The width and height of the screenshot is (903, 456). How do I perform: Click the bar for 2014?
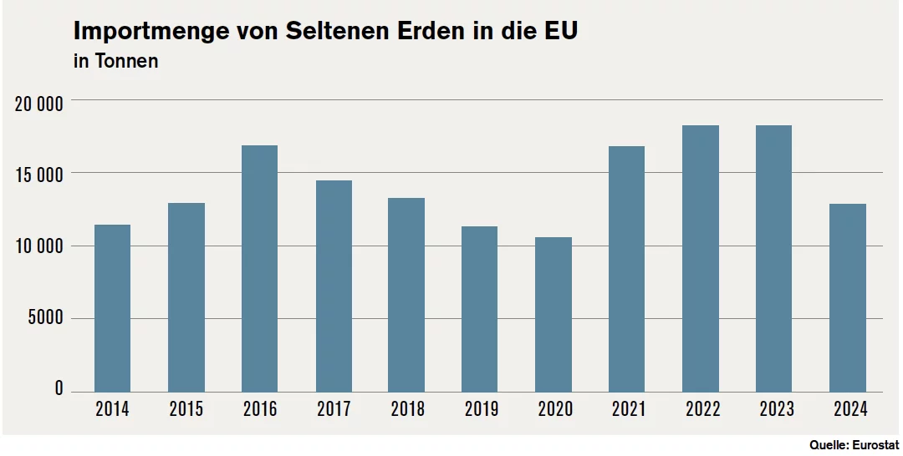click(112, 308)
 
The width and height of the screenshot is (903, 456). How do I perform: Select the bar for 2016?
click(259, 269)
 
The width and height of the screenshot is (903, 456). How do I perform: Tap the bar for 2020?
click(554, 315)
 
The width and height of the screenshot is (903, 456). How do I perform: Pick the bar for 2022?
click(701, 259)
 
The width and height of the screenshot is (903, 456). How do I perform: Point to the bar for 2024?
click(848, 298)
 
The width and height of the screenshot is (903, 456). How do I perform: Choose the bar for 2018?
click(406, 295)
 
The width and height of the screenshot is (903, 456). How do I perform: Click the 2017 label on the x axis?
click(334, 409)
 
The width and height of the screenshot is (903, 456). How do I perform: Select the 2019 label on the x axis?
click(482, 409)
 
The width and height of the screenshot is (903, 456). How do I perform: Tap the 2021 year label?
click(628, 409)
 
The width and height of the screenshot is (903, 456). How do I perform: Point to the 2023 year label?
click(776, 409)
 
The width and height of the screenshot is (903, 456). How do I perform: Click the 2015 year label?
click(186, 409)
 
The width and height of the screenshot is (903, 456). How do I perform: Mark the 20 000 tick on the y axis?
click(38, 104)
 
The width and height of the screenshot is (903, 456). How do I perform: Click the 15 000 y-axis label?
click(38, 175)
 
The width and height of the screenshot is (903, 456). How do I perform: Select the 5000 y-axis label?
click(45, 318)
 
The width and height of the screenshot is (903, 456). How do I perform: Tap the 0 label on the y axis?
click(59, 388)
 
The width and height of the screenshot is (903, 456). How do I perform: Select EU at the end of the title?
click(562, 30)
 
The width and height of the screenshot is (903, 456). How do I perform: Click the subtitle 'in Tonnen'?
click(115, 61)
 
